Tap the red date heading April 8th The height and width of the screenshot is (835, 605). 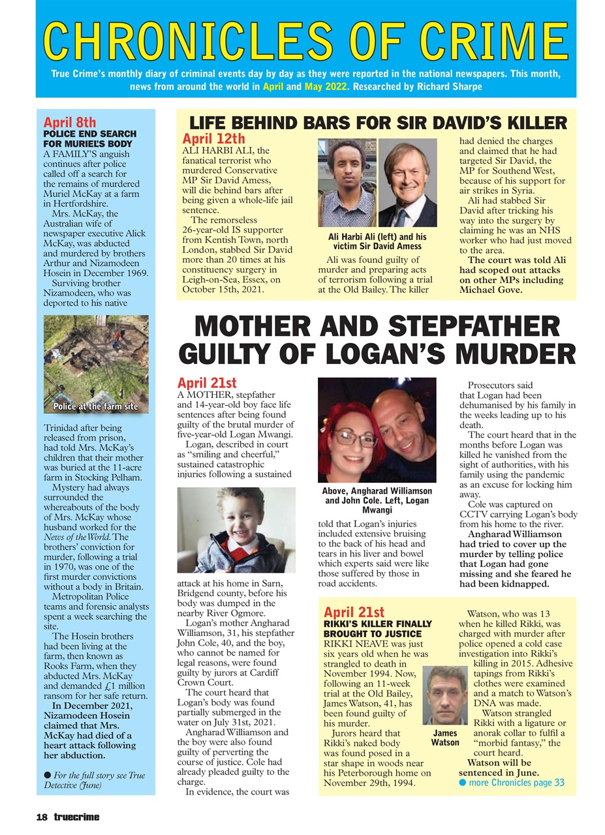click(69, 122)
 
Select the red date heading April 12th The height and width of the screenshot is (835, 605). click(213, 138)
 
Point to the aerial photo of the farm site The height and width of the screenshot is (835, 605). click(96, 359)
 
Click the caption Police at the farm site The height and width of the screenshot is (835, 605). click(96, 406)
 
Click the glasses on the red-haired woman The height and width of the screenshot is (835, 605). click(355, 438)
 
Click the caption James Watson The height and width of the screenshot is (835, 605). click(445, 738)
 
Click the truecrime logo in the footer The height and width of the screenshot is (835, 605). click(76, 817)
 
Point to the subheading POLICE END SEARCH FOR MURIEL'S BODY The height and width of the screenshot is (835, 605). click(89, 138)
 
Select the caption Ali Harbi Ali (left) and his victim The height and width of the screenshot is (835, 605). click(377, 241)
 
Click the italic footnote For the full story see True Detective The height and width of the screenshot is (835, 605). click(95, 780)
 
